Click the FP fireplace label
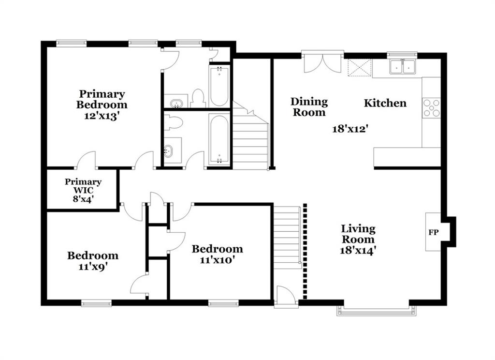click(434, 232)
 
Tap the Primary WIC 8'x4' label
click(83, 190)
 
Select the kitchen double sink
click(402, 66)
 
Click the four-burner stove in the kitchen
click(431, 108)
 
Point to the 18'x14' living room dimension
click(358, 250)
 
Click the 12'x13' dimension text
click(102, 116)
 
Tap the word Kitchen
click(385, 103)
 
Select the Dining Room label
click(309, 107)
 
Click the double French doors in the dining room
click(322, 63)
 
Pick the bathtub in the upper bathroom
click(219, 86)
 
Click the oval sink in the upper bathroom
click(176, 103)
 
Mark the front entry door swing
click(286, 296)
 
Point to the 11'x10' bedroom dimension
click(218, 260)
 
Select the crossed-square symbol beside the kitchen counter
click(360, 67)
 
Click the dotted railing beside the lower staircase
click(305, 251)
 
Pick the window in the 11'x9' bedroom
click(96, 303)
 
